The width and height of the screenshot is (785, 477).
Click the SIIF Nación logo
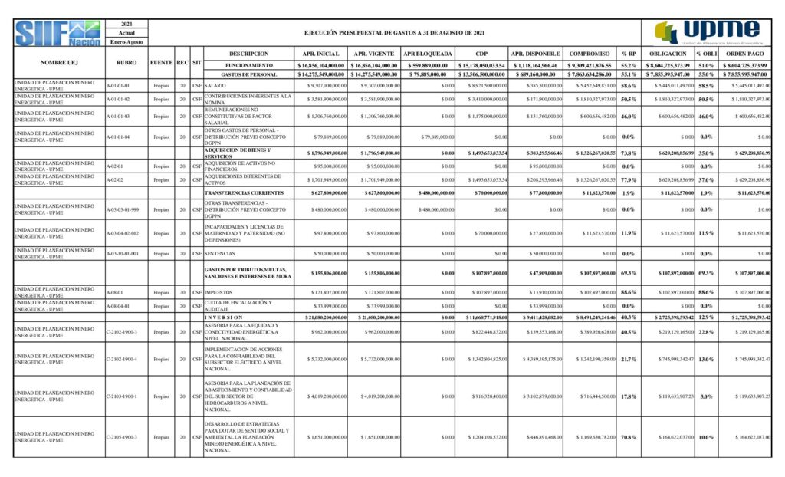(57, 34)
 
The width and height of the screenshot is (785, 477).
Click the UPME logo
(706, 32)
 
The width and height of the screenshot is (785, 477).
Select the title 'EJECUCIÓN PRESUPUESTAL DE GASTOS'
(394, 34)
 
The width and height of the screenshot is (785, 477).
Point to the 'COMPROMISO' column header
(590, 54)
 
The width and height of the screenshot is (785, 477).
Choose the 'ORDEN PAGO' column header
(746, 54)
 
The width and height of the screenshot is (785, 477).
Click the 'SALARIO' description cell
(215, 85)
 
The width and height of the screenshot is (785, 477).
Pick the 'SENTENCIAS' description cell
(220, 253)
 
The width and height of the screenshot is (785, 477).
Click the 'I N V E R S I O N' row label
(224, 317)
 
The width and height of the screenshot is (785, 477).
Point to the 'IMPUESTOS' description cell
(219, 292)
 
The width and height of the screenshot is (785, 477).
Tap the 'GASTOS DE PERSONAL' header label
(248, 74)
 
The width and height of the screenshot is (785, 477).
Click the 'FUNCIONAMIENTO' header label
(248, 65)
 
